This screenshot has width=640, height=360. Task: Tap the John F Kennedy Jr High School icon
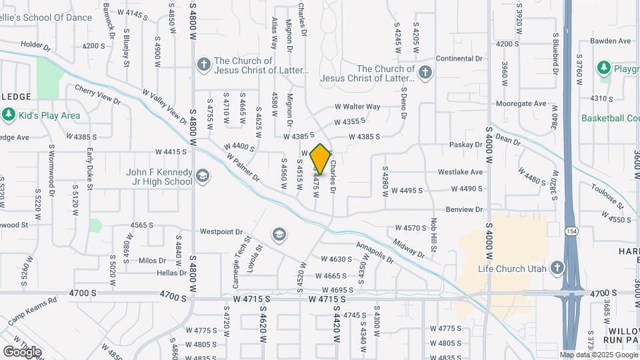pyautogui.click(x=202, y=177)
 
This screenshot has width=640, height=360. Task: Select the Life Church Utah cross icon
pyautogui.click(x=557, y=269)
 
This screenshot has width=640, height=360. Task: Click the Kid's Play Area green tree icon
pyautogui.click(x=9, y=115)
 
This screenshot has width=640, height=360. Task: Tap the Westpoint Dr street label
pyautogui.click(x=221, y=232)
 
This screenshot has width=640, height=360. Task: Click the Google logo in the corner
pyautogui.click(x=22, y=351)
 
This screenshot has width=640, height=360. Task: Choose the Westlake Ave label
pyautogui.click(x=460, y=172)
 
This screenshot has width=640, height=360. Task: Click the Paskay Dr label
pyautogui.click(x=465, y=145)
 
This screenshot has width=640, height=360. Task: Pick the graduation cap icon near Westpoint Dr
pyautogui.click(x=279, y=234)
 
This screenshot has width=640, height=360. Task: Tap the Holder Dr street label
pyautogui.click(x=35, y=47)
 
